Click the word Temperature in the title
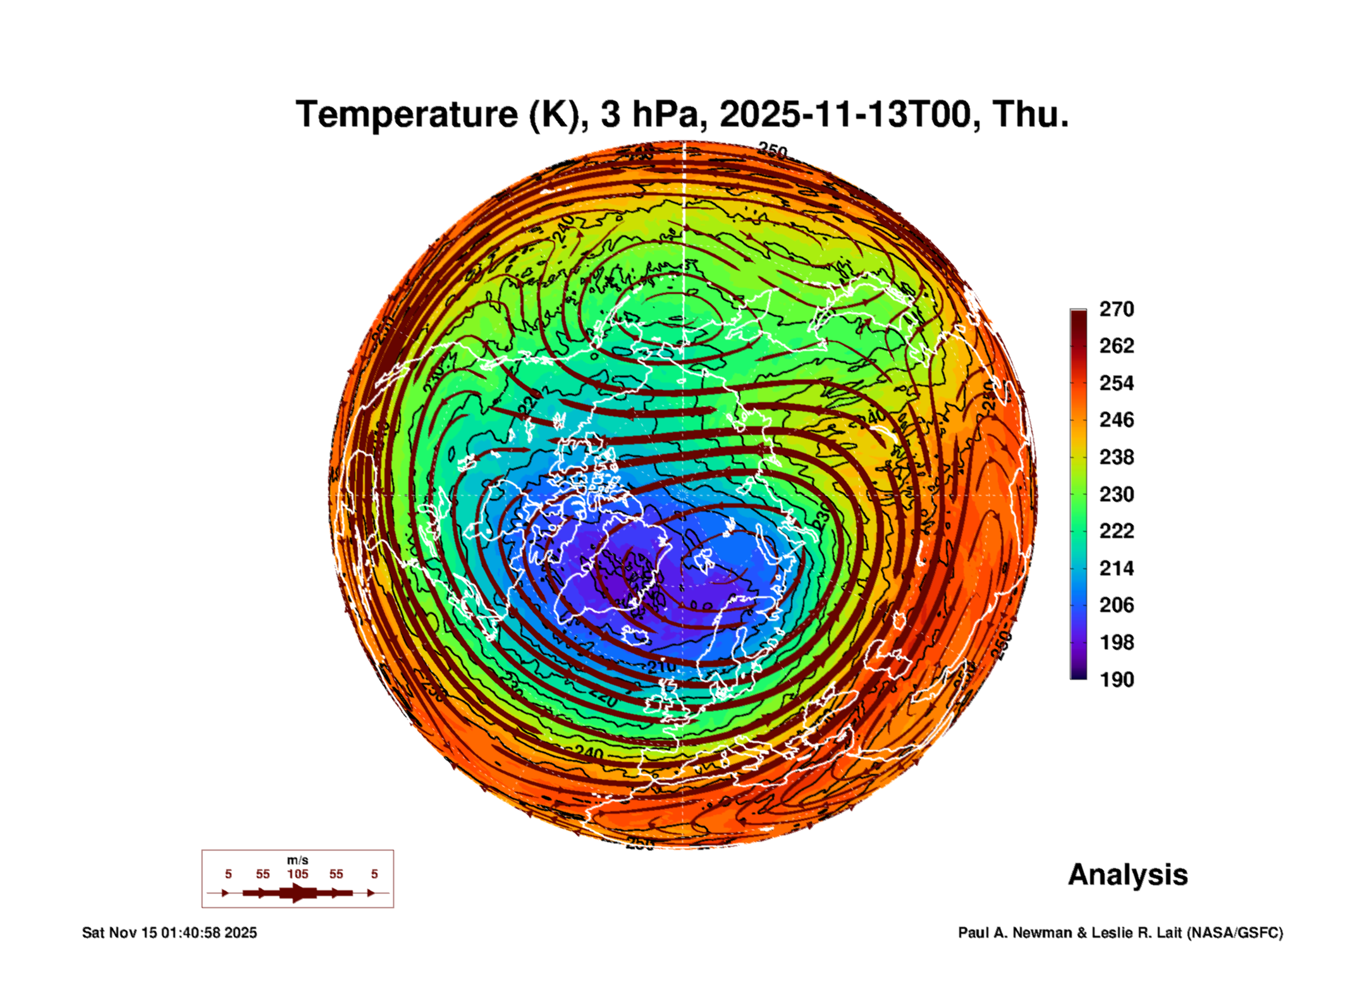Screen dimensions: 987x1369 [x=407, y=114]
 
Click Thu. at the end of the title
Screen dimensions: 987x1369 [x=1030, y=114]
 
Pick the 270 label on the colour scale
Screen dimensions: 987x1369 [x=1116, y=309]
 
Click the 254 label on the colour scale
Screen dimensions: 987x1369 [x=1116, y=383]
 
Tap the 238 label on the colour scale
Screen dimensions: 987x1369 [x=1116, y=457]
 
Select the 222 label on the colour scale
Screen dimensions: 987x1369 [x=1116, y=531]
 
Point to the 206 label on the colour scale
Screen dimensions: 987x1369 [x=1116, y=605]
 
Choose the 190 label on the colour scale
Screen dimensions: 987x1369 [x=1116, y=680]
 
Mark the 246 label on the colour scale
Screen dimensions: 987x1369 [x=1116, y=420]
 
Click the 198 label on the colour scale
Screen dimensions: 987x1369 [x=1116, y=642]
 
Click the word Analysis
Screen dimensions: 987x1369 [x=1127, y=875]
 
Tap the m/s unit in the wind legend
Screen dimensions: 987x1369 [x=297, y=860]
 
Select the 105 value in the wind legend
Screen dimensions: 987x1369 [x=297, y=874]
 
